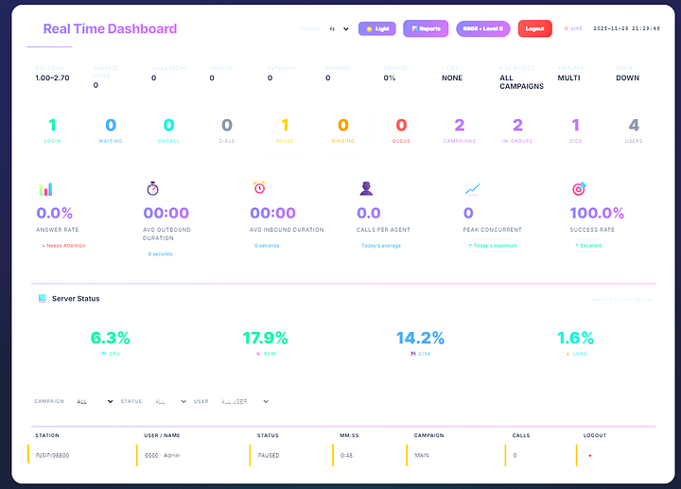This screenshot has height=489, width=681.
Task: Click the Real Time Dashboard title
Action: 110,29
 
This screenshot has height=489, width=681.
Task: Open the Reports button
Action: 426,29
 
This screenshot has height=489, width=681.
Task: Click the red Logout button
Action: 534,29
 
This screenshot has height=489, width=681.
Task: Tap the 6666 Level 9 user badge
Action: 482,29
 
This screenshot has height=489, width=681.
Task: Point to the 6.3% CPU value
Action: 111,338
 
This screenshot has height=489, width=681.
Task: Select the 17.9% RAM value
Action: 264,338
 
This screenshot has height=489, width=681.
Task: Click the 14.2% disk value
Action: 419,338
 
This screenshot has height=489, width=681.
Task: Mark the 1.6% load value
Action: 575,338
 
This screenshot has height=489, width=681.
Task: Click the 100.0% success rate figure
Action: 597,214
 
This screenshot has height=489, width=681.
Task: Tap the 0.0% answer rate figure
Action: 55,214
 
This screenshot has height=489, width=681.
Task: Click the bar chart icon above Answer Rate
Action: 45,189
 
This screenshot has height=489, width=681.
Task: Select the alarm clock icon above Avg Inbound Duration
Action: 259,188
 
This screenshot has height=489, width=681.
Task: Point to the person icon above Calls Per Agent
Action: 366,188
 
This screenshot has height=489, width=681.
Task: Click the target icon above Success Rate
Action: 579,189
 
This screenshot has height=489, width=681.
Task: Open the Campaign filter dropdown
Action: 95,401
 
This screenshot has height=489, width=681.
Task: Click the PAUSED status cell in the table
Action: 268,455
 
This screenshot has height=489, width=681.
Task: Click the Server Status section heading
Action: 76,299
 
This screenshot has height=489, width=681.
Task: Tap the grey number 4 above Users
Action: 634,126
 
